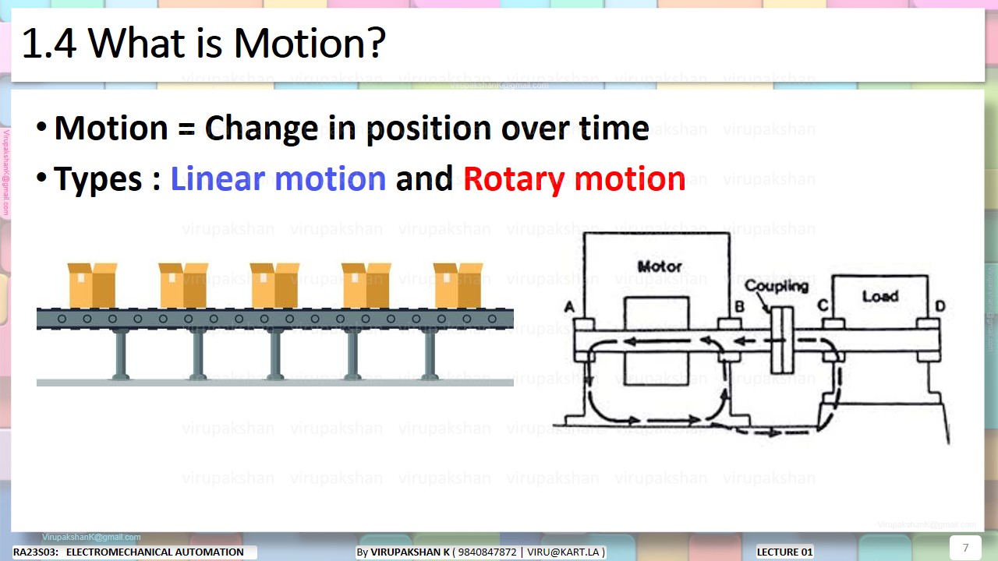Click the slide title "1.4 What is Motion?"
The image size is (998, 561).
tap(203, 44)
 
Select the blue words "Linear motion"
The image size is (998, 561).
tap(278, 179)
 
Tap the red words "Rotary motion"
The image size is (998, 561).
tap(574, 179)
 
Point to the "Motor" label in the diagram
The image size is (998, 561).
tap(660, 266)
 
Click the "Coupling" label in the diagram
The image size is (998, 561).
tap(776, 286)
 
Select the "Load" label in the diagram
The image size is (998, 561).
tap(879, 296)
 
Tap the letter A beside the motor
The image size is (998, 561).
tap(569, 308)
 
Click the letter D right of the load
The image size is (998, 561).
tap(940, 306)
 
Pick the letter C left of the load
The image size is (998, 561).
tap(822, 305)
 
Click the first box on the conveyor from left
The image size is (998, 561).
tap(92, 285)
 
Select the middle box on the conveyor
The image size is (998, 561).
tap(274, 285)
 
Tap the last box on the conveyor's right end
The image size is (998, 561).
tap(458, 285)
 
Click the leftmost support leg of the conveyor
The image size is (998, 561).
tap(121, 355)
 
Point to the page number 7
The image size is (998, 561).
tap(965, 547)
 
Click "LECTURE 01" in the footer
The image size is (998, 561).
tap(784, 552)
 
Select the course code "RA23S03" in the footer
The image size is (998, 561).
tap(34, 552)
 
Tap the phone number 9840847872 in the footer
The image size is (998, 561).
tap(487, 552)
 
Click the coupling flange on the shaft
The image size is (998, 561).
tap(781, 340)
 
